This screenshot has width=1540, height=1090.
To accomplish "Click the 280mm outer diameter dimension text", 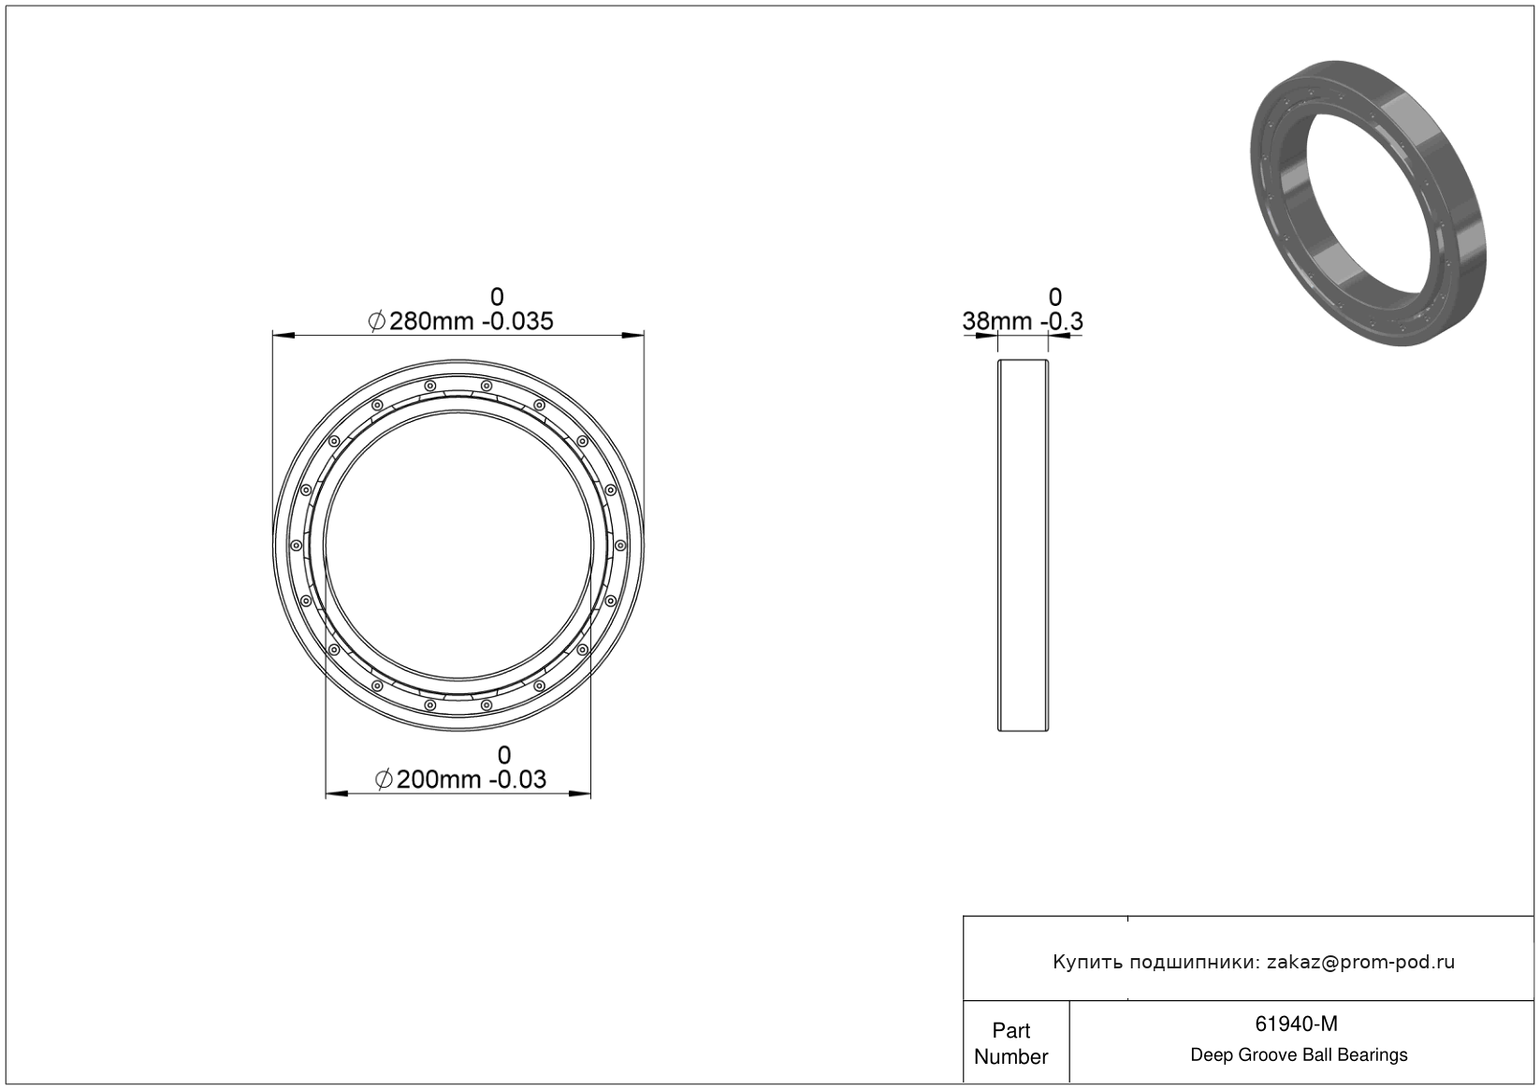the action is tap(431, 321).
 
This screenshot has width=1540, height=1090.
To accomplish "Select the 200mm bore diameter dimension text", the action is tap(439, 779).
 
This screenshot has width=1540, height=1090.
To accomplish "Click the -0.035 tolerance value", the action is tap(521, 321).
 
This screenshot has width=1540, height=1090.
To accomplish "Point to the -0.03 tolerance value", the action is tap(517, 779).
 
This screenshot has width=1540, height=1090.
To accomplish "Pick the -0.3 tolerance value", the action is tap(1062, 321).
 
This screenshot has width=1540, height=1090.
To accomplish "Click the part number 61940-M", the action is tap(1297, 1024).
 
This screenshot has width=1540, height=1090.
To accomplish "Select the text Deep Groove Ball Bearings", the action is tap(1299, 1055).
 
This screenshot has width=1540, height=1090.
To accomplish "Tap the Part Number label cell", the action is tap(1010, 1043).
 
